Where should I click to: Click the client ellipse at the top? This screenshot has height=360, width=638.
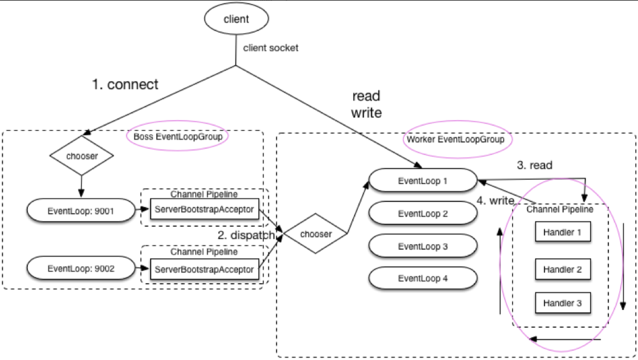tap(236, 19)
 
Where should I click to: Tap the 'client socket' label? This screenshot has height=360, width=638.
tap(270, 48)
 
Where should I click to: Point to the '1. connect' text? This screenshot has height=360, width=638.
tap(125, 84)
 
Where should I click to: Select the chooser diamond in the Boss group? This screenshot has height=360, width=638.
tap(81, 156)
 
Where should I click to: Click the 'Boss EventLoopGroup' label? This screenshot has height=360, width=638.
tap(178, 137)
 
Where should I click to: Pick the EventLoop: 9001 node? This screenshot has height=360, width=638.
tap(81, 210)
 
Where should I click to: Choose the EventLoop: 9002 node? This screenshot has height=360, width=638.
tap(81, 268)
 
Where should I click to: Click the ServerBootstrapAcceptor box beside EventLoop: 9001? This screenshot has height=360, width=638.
tap(204, 209)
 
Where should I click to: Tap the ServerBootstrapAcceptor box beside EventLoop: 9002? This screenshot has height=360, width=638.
tap(204, 269)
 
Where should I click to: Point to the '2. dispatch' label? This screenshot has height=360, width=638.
tap(246, 235)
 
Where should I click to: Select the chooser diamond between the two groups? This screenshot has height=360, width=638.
tap(316, 234)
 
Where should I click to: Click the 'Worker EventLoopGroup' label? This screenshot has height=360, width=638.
tap(455, 139)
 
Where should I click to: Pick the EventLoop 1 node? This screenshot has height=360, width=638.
tap(423, 180)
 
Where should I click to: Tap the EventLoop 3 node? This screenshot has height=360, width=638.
tap(423, 246)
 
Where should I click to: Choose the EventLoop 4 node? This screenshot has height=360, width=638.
tap(423, 278)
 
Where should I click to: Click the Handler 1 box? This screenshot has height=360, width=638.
tap(562, 232)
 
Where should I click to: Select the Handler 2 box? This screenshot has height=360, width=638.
tap(562, 269)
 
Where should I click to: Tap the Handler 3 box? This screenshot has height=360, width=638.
tap(562, 302)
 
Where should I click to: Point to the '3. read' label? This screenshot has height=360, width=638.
tap(534, 165)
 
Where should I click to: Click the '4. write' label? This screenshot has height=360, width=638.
tap(495, 201)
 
